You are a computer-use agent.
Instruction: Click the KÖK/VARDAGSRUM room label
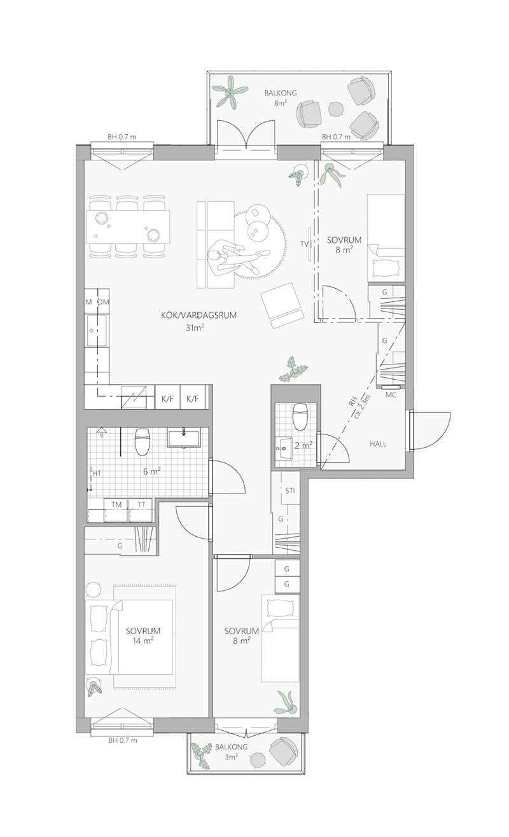tap(199, 315)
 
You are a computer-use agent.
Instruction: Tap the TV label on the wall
tap(304, 244)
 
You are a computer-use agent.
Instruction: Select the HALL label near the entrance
tap(378, 444)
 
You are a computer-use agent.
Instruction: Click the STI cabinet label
tap(289, 490)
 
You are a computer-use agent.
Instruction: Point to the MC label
tap(391, 394)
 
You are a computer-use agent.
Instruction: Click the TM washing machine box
tap(116, 510)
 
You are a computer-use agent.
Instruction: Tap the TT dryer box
tap(141, 510)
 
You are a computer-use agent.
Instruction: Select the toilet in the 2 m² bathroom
tap(299, 416)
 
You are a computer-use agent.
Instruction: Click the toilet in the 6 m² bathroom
tap(142, 441)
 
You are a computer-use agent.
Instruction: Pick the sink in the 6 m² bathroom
tap(183, 437)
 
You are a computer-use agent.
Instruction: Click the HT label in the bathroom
tap(97, 473)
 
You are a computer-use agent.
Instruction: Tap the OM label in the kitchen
tap(103, 301)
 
